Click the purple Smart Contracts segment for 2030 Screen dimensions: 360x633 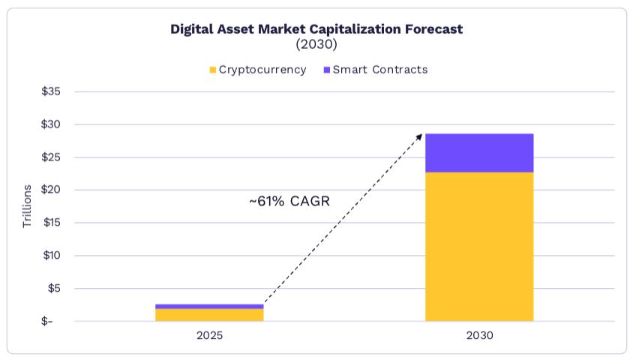[479, 153]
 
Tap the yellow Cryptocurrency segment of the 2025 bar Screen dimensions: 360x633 [209, 315]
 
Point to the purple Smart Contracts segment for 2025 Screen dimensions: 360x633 [209, 306]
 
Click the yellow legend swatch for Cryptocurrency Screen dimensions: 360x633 [213, 70]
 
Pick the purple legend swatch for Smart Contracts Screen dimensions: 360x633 [326, 70]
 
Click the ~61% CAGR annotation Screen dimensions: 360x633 [289, 201]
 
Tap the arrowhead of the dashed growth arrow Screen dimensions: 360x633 [420, 136]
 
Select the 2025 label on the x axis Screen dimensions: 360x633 [209, 336]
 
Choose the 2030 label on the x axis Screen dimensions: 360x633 [479, 336]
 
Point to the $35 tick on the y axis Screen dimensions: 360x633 [51, 91]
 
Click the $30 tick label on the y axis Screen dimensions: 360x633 [51, 124]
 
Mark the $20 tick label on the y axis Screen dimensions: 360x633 [51, 190]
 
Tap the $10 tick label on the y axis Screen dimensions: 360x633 [51, 256]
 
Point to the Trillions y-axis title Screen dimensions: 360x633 [28, 206]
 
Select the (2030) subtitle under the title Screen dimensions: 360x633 [316, 44]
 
